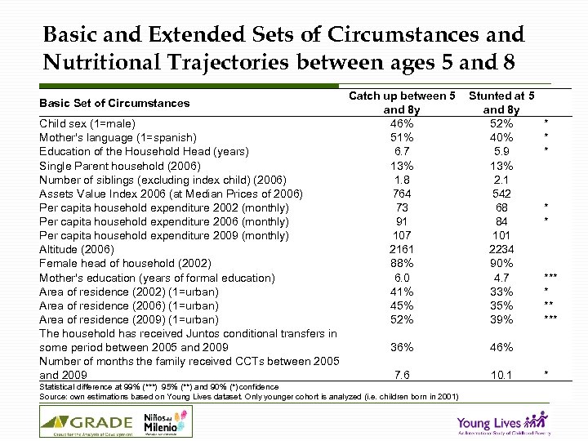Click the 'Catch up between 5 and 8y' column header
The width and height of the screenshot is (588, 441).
[402, 103]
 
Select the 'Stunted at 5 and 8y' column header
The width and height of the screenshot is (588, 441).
[501, 103]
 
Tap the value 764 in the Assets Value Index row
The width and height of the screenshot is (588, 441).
[402, 194]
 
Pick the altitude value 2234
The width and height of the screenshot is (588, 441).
[501, 249]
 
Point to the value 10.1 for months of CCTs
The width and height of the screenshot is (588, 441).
[501, 375]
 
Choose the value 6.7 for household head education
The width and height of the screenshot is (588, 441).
[402, 151]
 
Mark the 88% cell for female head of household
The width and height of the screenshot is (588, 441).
[402, 263]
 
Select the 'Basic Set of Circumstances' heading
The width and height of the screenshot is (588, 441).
[114, 103]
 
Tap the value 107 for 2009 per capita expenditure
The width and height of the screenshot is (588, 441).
[402, 235]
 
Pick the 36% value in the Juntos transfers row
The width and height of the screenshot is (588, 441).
[402, 347]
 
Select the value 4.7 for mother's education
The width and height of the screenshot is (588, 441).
[501, 278]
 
